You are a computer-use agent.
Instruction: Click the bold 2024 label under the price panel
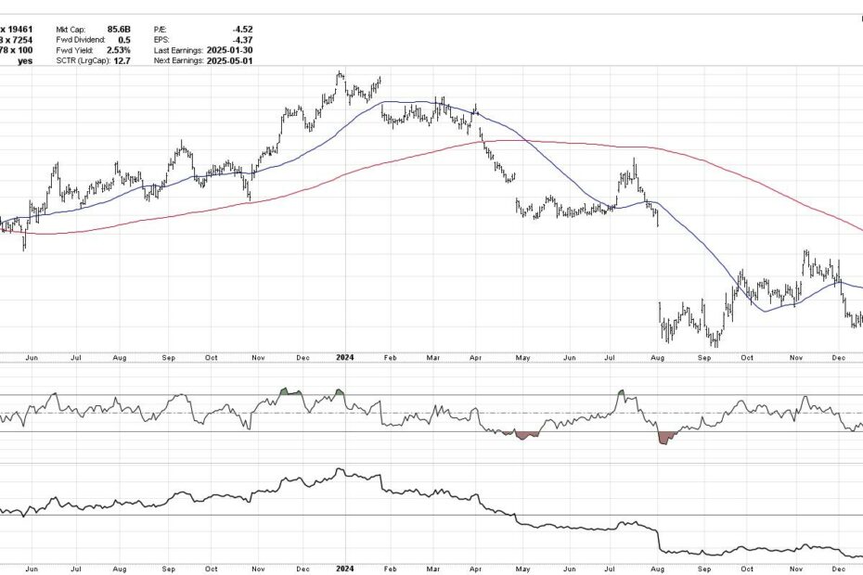coord(344,356)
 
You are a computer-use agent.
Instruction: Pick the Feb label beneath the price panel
coord(390,356)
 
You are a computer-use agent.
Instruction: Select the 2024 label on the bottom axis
coord(344,568)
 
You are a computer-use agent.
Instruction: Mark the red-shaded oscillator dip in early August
coord(664,437)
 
